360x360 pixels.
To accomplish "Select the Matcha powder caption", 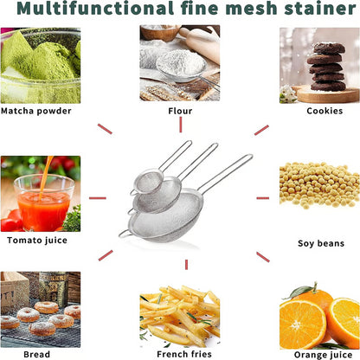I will [x=37, y=111].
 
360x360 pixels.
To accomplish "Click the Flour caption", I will [x=180, y=111].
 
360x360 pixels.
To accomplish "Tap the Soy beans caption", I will [x=321, y=243].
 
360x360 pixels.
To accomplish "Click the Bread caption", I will [x=35, y=353].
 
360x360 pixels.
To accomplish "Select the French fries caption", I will [x=180, y=353].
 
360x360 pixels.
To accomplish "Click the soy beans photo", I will [x=319, y=184].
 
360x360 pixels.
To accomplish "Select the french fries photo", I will [x=179, y=316].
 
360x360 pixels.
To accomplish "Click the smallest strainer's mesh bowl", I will [x=148, y=182].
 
